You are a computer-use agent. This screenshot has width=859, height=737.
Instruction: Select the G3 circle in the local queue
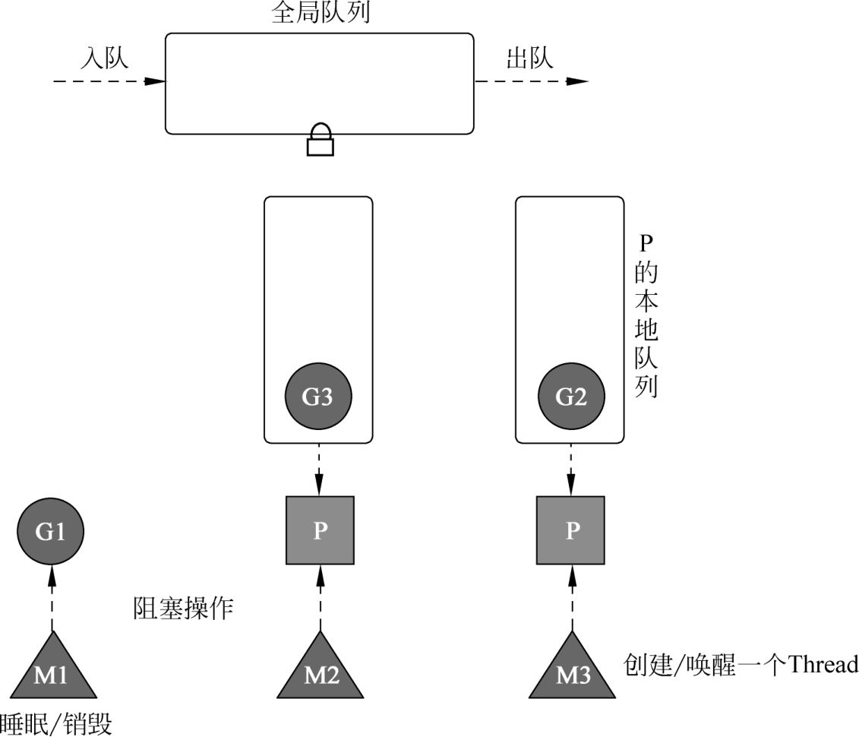(x=318, y=397)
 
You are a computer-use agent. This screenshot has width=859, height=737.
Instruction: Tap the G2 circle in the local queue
(x=571, y=397)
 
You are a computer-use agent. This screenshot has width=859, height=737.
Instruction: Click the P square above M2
(x=320, y=530)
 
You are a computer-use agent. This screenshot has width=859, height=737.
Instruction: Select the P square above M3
(x=571, y=530)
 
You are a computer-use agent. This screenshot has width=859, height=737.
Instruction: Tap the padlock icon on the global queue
(x=321, y=140)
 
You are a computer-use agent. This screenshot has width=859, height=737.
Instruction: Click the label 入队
(x=106, y=59)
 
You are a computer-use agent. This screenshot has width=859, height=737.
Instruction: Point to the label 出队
(x=529, y=59)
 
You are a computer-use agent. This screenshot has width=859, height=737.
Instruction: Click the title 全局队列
(x=321, y=13)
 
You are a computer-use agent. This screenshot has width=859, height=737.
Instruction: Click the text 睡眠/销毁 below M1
(x=56, y=724)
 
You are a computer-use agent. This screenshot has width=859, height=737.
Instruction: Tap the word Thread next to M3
(x=823, y=664)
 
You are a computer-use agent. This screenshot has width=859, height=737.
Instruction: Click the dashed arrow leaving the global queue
(x=531, y=81)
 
